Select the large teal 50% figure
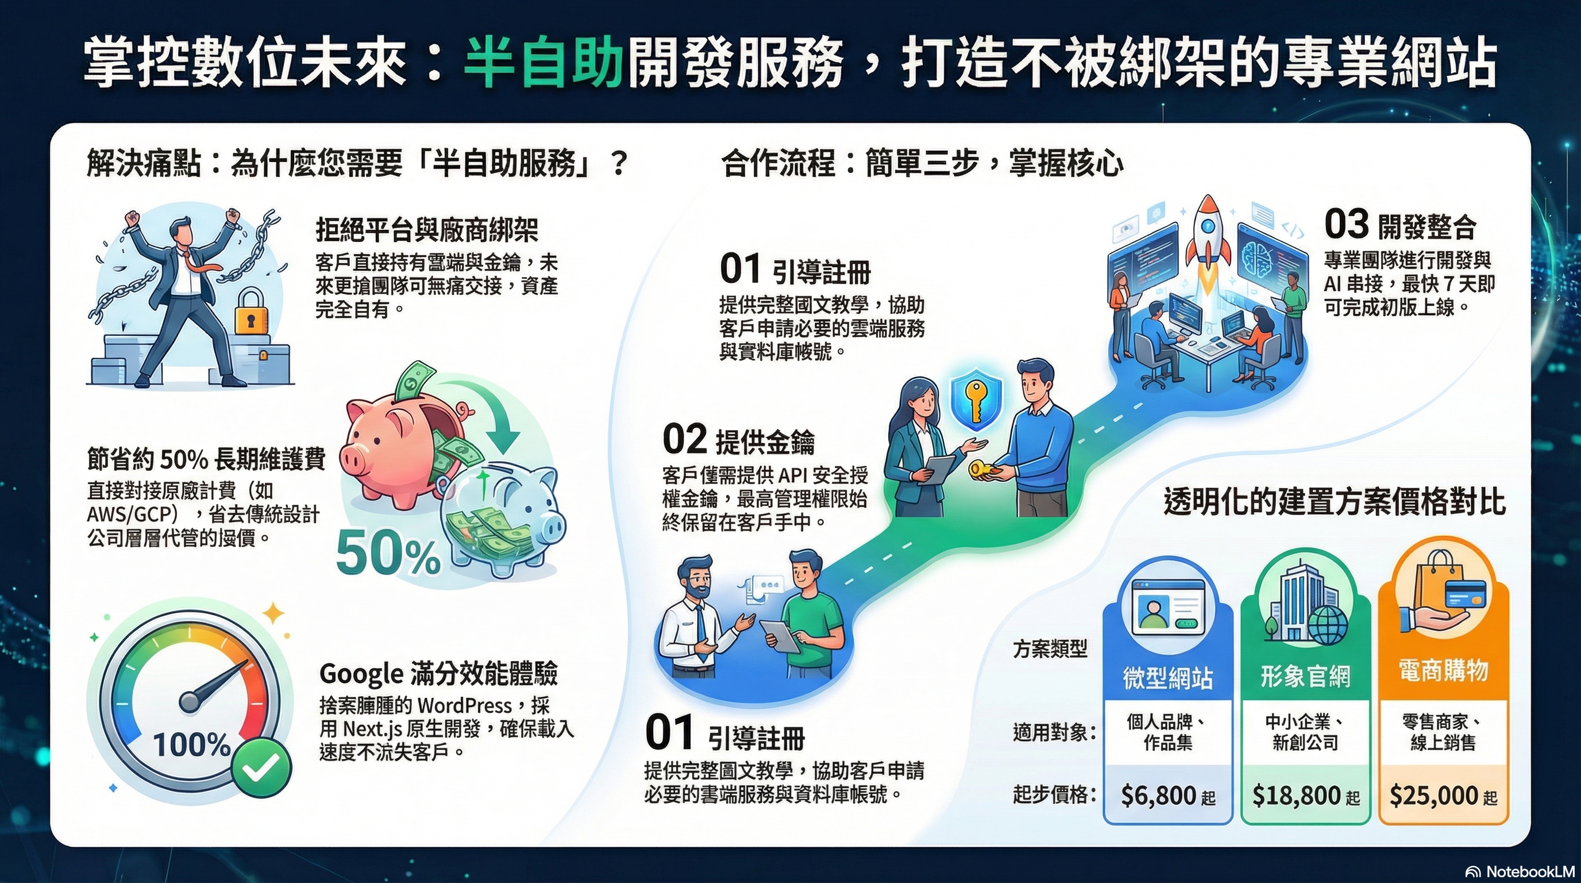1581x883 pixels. coord(388,553)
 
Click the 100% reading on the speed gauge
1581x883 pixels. coord(191,745)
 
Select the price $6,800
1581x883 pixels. coord(1158,796)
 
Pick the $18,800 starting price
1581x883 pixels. coord(1295,796)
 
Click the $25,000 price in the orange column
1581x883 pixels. coord(1433,796)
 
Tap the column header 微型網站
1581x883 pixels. coord(1167,677)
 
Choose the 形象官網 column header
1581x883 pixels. coord(1305,676)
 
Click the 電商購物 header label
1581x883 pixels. coord(1443,670)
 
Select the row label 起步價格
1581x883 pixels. coord(1052,794)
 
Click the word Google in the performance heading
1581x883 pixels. coord(361,674)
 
